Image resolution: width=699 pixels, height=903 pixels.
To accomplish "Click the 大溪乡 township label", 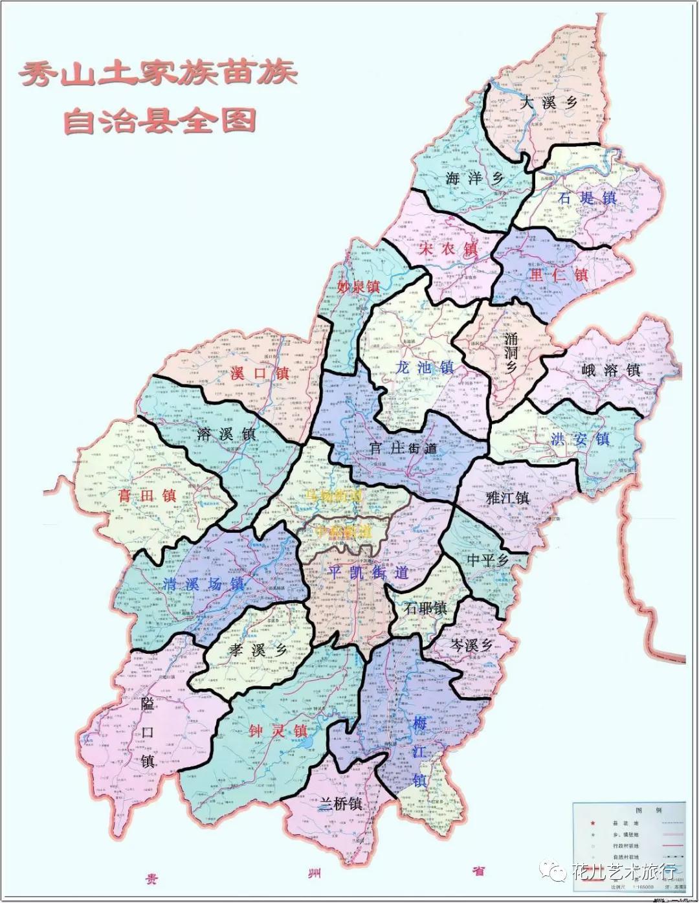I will [x=549, y=103].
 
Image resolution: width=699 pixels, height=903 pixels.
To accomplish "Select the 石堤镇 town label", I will [x=587, y=198].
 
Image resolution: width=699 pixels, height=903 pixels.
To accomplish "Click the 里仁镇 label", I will [x=559, y=274].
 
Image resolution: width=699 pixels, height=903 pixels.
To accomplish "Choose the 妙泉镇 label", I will [x=359, y=286].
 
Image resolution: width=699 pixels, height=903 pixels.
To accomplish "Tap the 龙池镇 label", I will [x=425, y=368].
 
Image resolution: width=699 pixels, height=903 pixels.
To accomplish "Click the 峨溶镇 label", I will [x=610, y=370].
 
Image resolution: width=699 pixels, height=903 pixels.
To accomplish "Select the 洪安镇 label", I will [x=580, y=439].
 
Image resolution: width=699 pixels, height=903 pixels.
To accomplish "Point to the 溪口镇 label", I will [x=260, y=374].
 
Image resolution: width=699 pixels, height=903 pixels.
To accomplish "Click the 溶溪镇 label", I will [x=227, y=434].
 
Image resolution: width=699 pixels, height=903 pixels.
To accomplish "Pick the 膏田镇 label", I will [x=147, y=496].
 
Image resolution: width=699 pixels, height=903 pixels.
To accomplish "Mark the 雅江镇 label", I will [x=507, y=498].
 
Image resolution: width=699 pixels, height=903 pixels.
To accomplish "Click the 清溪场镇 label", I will [x=203, y=584].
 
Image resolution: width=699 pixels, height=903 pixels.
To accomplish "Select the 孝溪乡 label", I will [x=257, y=650].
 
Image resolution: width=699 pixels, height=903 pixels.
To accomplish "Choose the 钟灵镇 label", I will [x=278, y=731].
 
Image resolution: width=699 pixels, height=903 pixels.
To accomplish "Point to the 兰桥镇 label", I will [x=340, y=804].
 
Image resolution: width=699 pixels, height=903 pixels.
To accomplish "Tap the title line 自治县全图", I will [x=159, y=121].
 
